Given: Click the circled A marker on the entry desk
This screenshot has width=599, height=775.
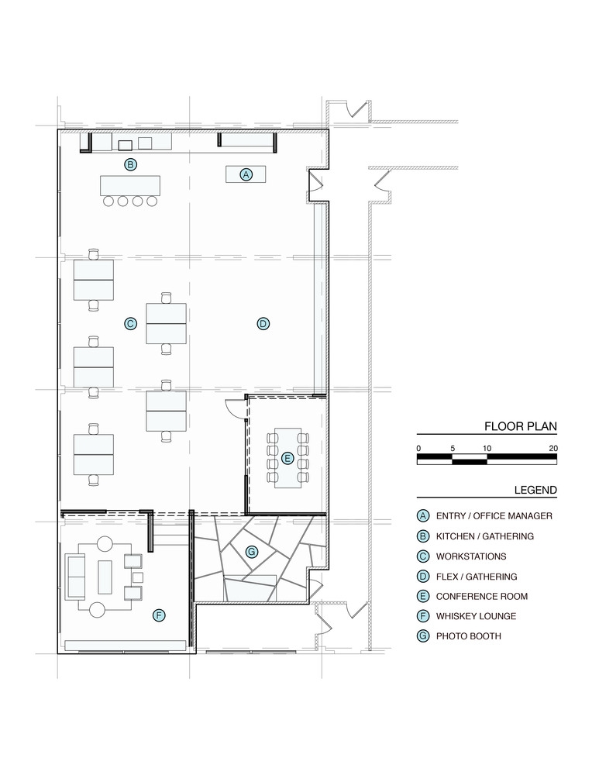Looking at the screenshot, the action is (x=246, y=174).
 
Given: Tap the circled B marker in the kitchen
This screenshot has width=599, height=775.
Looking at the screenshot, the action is (x=130, y=164).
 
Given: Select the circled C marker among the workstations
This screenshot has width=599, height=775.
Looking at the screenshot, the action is (x=130, y=324).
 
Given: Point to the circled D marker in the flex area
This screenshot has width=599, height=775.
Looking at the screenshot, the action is (x=263, y=324).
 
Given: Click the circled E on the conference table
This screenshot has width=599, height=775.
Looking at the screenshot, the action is (x=287, y=458).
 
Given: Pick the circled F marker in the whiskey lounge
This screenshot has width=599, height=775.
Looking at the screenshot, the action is (x=159, y=615).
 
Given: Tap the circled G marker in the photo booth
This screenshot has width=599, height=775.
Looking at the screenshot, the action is (x=252, y=552).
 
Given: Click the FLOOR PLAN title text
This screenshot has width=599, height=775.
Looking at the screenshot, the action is (x=521, y=426).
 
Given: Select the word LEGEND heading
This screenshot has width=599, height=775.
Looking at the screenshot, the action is (x=535, y=490).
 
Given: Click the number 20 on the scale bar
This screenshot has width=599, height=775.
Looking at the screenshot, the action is (x=553, y=448).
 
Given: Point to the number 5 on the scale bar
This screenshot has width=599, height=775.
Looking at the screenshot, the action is (x=453, y=448).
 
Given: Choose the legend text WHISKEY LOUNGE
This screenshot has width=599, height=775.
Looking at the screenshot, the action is (x=476, y=616).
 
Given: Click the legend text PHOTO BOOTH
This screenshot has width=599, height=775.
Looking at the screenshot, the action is (x=469, y=636).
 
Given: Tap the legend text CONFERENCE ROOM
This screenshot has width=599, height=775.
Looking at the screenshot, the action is (x=482, y=596).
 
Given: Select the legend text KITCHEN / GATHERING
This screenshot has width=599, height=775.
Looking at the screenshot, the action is (x=485, y=536).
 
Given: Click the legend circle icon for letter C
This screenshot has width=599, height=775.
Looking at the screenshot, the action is (x=423, y=556).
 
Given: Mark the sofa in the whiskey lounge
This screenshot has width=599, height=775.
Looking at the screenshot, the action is (x=76, y=577).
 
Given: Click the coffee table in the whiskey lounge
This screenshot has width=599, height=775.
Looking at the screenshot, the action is (x=105, y=577).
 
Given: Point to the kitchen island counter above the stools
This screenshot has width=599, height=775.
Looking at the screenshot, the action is (x=130, y=185).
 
